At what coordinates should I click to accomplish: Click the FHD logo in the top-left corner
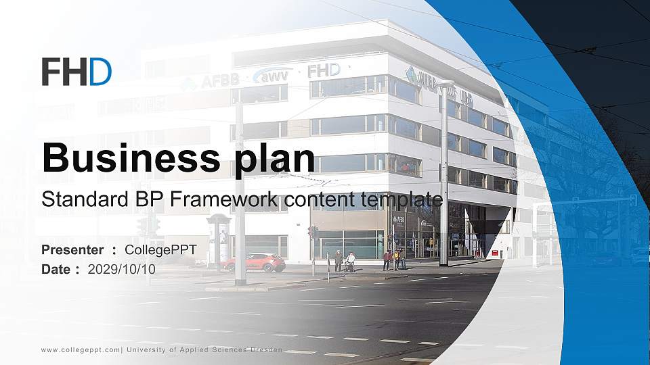77,72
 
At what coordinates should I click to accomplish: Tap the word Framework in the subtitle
224,200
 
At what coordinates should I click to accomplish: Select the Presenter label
72,250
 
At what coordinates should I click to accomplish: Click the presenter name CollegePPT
160,250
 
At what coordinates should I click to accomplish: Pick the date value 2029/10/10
122,269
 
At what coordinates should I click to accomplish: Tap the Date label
56,269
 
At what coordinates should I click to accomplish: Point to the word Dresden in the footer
265,349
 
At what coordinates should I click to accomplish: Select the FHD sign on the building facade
324,70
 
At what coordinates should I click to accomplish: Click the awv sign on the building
272,75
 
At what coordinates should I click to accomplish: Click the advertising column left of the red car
219,240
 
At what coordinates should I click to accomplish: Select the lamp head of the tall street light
446,83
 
